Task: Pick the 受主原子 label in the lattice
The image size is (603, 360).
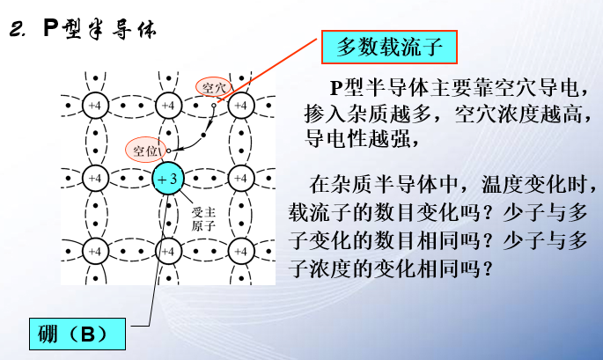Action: coord(203,218)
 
